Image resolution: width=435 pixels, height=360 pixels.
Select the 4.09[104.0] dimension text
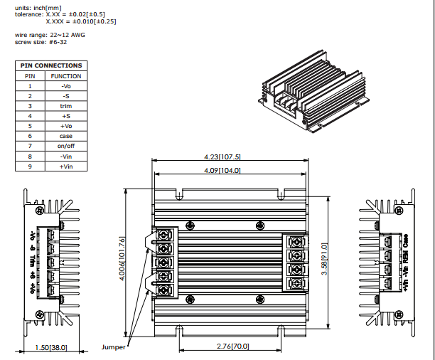222,171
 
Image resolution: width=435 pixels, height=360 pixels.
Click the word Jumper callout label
114,347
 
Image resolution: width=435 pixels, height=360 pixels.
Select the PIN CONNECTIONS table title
50,65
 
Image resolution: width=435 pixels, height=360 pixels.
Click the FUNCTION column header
65,76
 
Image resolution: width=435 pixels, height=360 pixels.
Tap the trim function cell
65,105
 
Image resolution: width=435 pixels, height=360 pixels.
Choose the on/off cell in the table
65,146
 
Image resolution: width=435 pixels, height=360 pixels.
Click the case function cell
65,136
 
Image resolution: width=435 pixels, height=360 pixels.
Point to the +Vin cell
65,166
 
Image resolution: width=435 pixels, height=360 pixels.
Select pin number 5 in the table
30,125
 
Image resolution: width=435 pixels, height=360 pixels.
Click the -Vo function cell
65,86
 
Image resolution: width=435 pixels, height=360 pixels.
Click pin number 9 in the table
30,166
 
